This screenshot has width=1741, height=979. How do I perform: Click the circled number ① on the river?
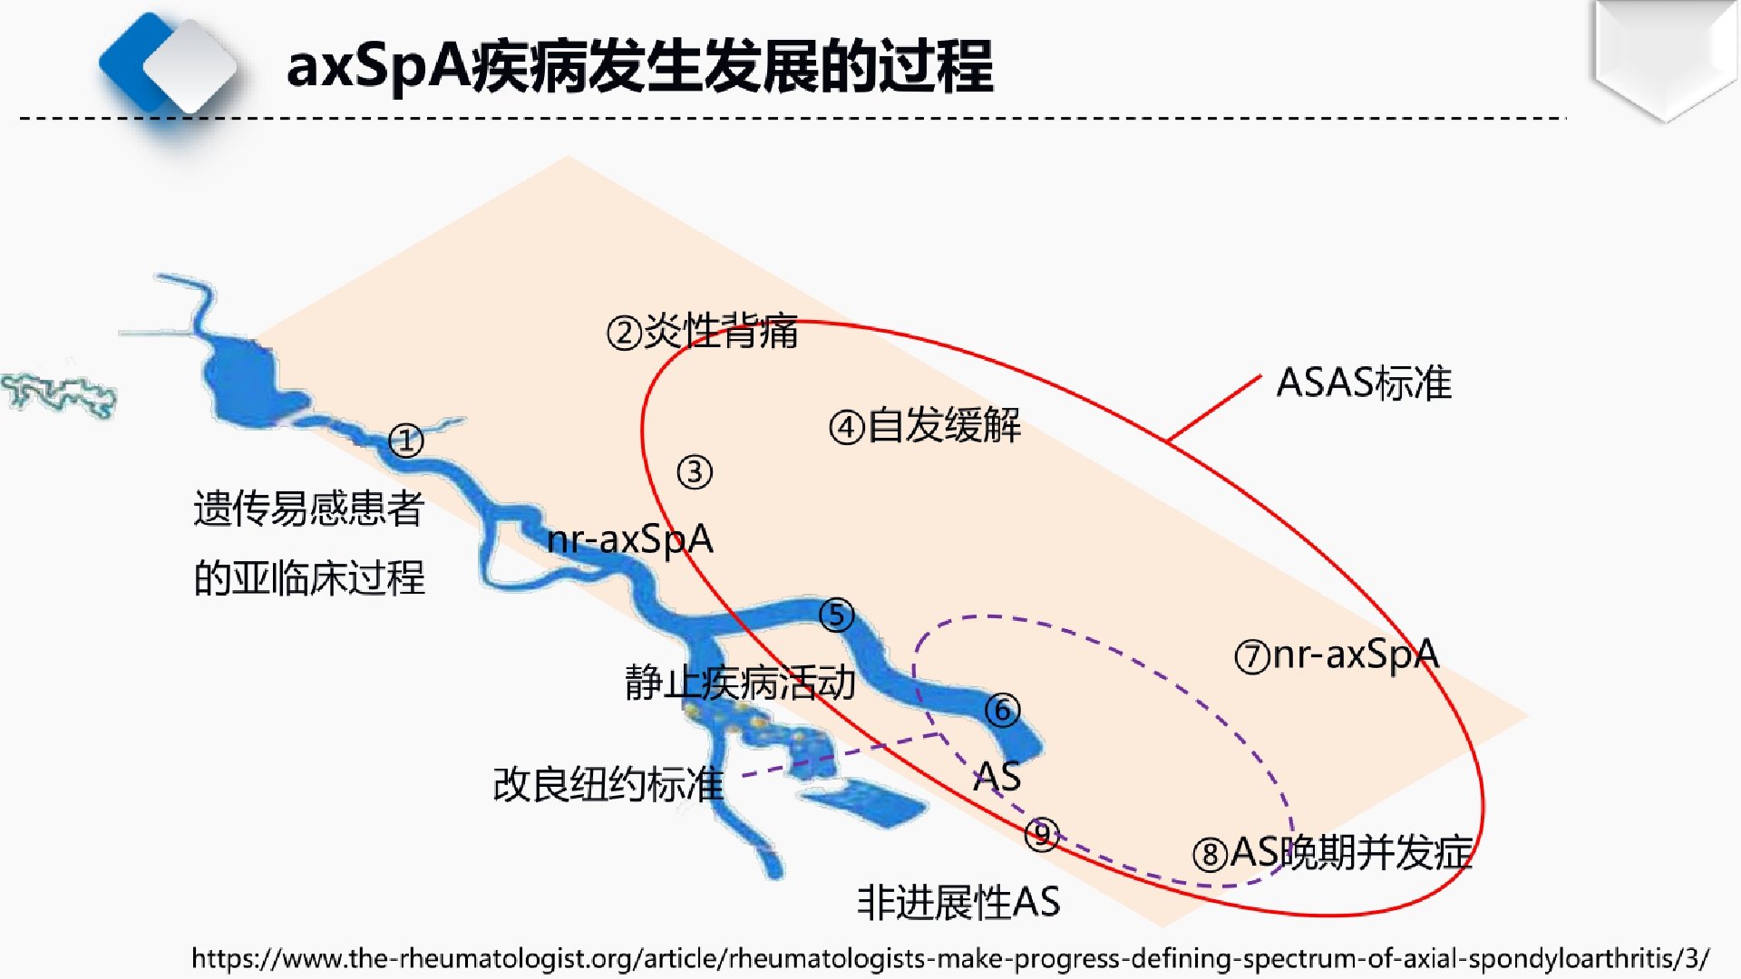pyautogui.click(x=406, y=441)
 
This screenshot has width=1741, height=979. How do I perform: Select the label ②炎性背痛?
pyautogui.click(x=703, y=331)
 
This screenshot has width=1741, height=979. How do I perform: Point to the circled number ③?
pyautogui.click(x=695, y=472)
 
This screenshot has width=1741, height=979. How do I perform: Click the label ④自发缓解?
pyautogui.click(x=925, y=425)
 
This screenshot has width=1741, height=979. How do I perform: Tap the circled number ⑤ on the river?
pyautogui.click(x=836, y=616)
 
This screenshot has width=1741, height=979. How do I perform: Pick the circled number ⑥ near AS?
pyautogui.click(x=1003, y=710)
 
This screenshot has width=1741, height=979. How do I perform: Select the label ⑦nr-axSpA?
pyautogui.click(x=1337, y=654)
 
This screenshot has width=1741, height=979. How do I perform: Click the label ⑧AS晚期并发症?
pyautogui.click(x=1333, y=853)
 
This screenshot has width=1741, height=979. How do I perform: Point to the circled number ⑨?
pyautogui.click(x=1042, y=834)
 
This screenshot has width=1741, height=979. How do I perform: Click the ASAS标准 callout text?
pyautogui.click(x=1364, y=383)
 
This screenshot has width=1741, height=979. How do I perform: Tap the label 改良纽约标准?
pyautogui.click(x=608, y=784)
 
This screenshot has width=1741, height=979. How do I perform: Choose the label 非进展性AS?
pyautogui.click(x=958, y=902)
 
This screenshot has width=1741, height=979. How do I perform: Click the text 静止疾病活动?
pyautogui.click(x=740, y=683)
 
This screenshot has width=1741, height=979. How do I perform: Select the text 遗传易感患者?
pyautogui.click(x=309, y=509)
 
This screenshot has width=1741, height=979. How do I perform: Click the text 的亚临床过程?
pyautogui.click(x=309, y=578)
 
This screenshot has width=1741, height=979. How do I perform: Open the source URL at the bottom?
pyautogui.click(x=950, y=958)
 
